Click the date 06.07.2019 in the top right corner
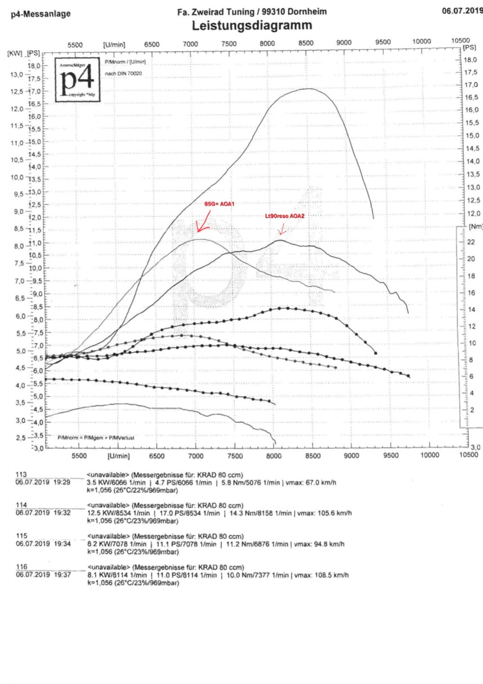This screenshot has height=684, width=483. pos(462,10)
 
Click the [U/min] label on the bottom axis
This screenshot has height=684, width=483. pos(117,456)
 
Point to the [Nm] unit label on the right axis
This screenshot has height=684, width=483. pos(476,226)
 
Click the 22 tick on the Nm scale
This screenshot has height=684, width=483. pos(470,242)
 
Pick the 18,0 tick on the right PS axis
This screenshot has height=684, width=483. pos(470,60)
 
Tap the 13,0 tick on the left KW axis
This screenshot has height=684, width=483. pos(15,74)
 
